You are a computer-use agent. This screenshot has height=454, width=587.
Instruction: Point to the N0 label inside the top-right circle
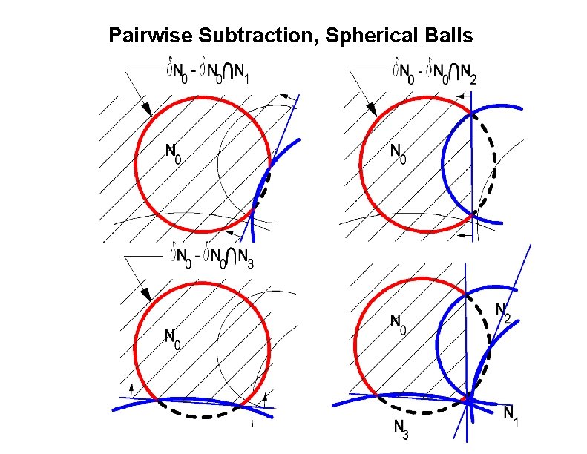399,152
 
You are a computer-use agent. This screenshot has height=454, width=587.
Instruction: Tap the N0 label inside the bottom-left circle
172,338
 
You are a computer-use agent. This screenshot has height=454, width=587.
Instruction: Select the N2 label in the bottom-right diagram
502,313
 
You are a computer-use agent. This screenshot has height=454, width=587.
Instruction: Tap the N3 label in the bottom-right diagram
401,428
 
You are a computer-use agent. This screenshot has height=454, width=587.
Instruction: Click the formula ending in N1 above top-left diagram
210,73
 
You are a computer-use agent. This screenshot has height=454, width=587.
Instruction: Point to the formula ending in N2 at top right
433,73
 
